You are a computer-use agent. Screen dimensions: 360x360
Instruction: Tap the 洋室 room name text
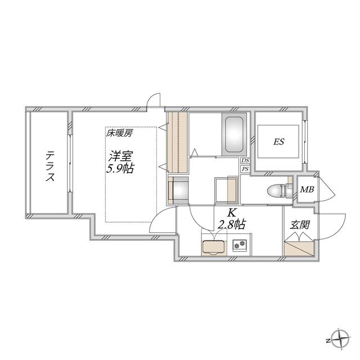(x=120, y=156)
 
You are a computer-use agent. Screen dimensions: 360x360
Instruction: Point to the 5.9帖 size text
(x=120, y=169)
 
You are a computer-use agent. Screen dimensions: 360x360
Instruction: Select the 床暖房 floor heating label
(x=119, y=133)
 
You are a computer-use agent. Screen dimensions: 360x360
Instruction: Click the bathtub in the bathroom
(x=234, y=134)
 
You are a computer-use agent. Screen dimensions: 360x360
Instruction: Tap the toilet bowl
(x=276, y=191)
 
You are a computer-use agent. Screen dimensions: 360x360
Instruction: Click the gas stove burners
(x=240, y=244)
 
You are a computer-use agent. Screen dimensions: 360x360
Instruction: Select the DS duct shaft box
(x=245, y=161)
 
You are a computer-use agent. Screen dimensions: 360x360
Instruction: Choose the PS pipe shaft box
(x=245, y=169)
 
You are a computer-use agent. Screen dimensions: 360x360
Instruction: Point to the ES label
(x=278, y=142)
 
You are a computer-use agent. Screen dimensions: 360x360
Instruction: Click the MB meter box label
(x=307, y=190)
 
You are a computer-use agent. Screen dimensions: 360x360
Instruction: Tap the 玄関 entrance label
(x=300, y=224)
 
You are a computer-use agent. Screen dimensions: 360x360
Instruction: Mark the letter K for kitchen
(x=231, y=213)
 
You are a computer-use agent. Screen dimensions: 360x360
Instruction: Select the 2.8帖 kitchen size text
(x=231, y=224)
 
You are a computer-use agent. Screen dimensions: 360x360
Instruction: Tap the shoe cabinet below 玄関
(x=299, y=248)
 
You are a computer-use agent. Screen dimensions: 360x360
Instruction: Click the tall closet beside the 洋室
(x=178, y=142)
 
